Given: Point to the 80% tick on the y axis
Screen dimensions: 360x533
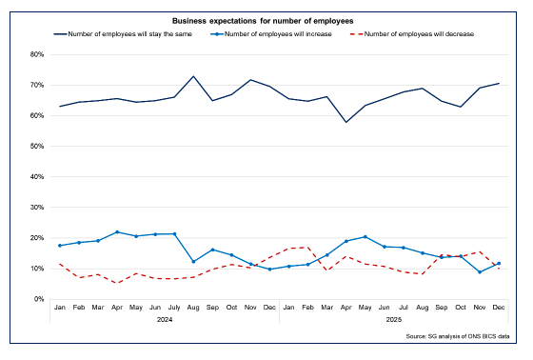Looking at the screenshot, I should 37,54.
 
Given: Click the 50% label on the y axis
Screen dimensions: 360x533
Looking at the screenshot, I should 37,146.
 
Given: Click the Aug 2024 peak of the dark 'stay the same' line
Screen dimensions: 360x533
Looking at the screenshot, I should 194,76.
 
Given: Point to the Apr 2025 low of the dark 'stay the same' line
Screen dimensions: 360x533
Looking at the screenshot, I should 346,122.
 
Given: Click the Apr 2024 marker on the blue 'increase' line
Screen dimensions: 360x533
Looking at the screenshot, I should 117,231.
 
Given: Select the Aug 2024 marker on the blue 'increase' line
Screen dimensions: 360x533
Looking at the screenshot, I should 194,262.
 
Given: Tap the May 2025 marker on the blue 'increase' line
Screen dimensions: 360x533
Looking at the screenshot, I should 365,236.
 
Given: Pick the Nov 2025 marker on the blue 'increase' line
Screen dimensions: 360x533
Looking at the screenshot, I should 481,272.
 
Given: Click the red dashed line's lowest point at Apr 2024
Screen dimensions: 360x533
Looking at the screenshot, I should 117,283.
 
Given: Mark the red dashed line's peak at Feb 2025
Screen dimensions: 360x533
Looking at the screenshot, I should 308,247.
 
